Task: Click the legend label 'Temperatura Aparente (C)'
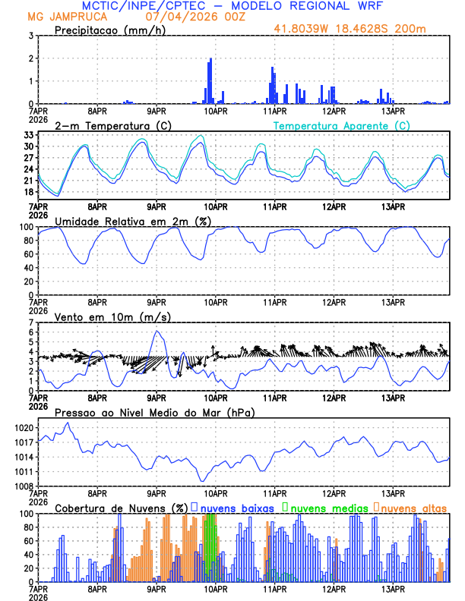(x=341, y=125)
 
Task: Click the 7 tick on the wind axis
(x=31, y=323)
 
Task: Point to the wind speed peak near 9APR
(x=157, y=332)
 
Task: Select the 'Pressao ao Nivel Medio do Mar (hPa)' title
(x=154, y=412)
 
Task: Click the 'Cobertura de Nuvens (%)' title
(x=121, y=508)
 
